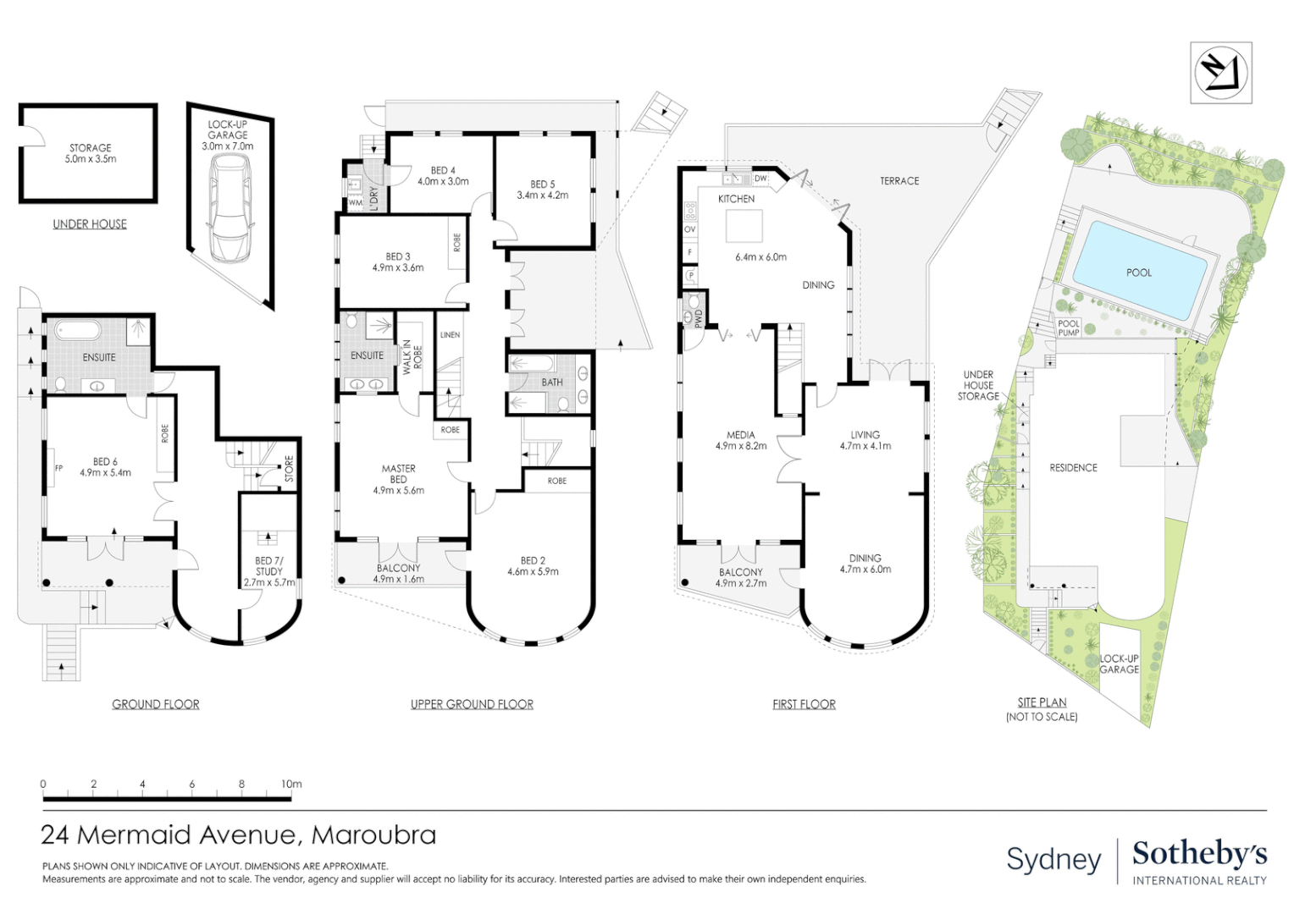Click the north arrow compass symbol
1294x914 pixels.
[1220, 74]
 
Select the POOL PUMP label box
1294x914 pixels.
[1069, 328]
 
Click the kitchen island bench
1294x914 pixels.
[744, 226]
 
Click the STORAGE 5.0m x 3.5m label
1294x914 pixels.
[90, 153]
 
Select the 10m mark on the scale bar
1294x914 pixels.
[291, 784]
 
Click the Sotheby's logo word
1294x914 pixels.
[1200, 855]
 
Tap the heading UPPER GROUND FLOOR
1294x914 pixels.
[472, 704]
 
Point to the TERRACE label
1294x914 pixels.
[899, 181]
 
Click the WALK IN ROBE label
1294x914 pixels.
[413, 357]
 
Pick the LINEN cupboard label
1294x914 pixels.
[450, 334]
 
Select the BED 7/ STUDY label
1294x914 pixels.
[269, 566]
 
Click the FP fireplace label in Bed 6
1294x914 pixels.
[58, 468]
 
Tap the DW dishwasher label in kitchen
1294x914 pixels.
[760, 178]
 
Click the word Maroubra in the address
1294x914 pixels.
[373, 835]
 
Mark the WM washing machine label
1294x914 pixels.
[356, 203]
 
